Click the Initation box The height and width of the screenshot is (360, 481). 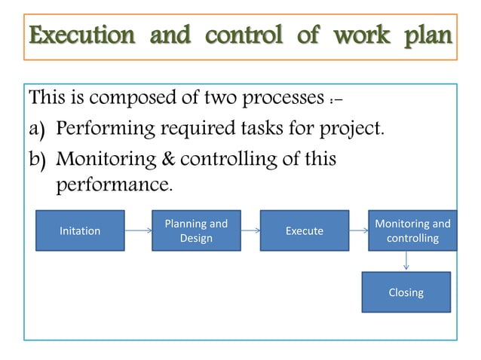(80, 230)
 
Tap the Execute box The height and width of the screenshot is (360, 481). (305, 230)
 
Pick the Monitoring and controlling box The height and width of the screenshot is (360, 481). (412, 230)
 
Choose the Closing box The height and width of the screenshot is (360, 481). (406, 292)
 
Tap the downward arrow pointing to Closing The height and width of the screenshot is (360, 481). (407, 261)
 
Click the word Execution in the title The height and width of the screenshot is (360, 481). (74, 36)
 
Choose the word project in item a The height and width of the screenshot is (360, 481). (346, 130)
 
